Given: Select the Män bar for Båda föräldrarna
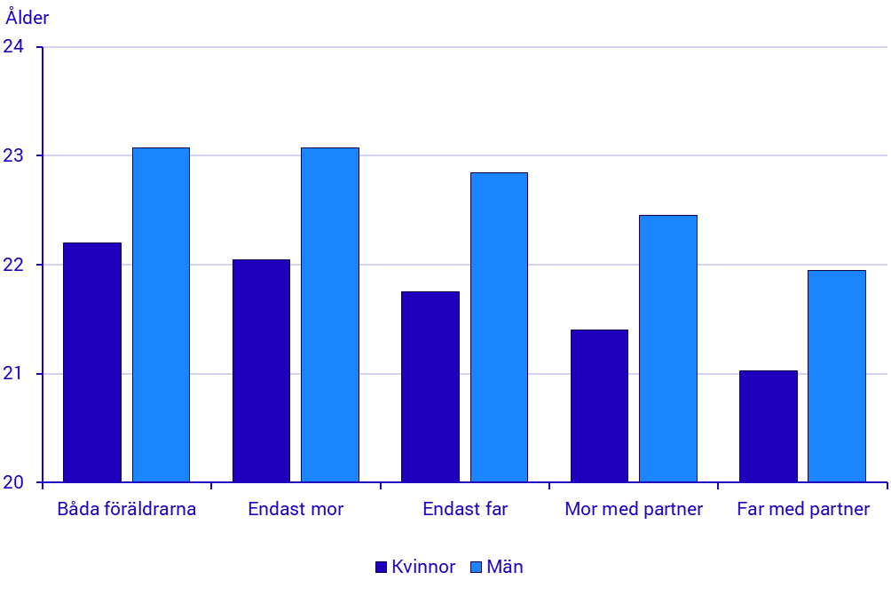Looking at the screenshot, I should pos(161,315).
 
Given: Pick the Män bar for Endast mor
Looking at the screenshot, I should pos(329,315).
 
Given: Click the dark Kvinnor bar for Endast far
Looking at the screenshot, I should pos(430,387).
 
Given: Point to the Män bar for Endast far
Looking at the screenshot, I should pos(499,328).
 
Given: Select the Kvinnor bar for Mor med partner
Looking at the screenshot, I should pos(599,406).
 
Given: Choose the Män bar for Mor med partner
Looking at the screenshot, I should pos(667,349).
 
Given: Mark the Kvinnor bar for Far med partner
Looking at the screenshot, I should pos(768,426).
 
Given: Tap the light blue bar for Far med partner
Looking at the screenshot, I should pos(836,377).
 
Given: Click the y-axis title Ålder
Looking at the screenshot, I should pos(28,18).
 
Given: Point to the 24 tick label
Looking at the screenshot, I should pos(15,47).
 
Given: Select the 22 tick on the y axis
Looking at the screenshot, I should pos(15,265).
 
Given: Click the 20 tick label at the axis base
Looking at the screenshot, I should pos(15,483).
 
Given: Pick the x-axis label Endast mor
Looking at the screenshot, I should pos(296,510).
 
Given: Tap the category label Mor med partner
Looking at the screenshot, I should pos(634,510).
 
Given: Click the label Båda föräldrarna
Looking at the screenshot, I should pos(127,510).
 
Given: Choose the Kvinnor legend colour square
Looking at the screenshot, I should pos(382,568).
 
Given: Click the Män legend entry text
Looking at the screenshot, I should pos(505,568).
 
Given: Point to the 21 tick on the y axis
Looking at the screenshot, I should pos(15,374).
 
